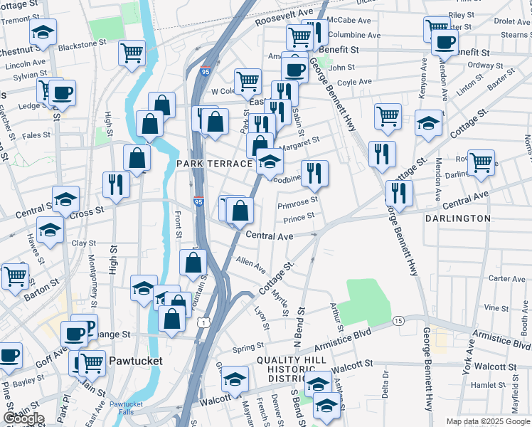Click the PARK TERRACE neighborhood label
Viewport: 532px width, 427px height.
[214, 164]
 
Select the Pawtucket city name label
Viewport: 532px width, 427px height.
[135, 361]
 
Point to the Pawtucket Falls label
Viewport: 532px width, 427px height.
[126, 408]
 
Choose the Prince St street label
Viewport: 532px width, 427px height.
[299, 217]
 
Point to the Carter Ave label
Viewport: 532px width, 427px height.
[507, 279]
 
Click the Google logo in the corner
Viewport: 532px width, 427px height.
[23, 418]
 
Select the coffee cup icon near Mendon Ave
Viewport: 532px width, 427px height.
[445, 42]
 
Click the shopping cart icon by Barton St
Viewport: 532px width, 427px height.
[15, 275]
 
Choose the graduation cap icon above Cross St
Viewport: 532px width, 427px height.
[65, 199]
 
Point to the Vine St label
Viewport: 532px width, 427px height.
[491, 308]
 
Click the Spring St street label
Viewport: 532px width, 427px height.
[248, 348]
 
